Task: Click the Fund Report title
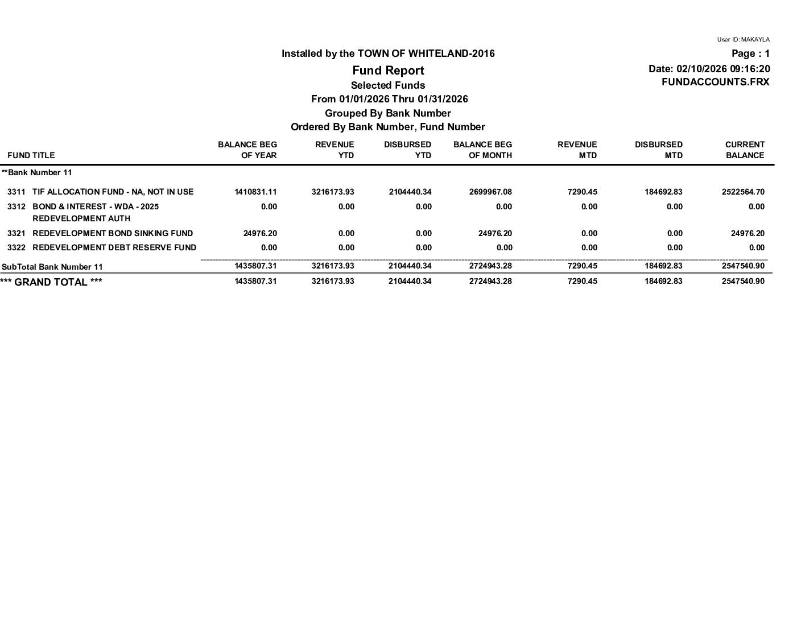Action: click(x=388, y=71)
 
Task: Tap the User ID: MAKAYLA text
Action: click(x=743, y=40)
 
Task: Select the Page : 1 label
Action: click(x=750, y=53)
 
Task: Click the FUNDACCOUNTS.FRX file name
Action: click(x=715, y=82)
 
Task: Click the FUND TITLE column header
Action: click(x=31, y=155)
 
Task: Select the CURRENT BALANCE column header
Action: click(x=744, y=150)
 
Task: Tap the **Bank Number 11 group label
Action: click(x=37, y=172)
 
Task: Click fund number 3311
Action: click(x=16, y=192)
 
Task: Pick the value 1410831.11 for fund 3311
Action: click(x=255, y=192)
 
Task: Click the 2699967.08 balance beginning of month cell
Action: click(x=490, y=192)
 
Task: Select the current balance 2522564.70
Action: click(x=743, y=192)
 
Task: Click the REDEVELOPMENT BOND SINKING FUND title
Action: click(x=113, y=233)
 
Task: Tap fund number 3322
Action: click(x=16, y=247)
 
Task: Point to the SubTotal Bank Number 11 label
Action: click(x=52, y=267)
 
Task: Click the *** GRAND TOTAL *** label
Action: click(x=51, y=282)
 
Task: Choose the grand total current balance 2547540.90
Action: click(x=743, y=281)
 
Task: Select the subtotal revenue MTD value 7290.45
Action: click(x=583, y=266)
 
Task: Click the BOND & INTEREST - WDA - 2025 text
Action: click(x=96, y=207)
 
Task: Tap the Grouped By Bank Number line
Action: click(x=387, y=113)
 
